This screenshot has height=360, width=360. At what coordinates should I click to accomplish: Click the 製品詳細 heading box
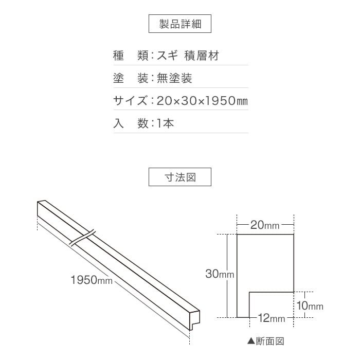coord(180,24)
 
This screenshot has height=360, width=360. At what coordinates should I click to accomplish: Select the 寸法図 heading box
coord(180,177)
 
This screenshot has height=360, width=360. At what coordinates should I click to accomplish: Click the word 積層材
coord(202,56)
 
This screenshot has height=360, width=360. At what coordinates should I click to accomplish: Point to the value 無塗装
coord(174,78)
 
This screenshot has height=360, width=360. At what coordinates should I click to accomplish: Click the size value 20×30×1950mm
coord(202,101)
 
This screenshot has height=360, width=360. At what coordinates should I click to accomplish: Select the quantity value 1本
coord(165,123)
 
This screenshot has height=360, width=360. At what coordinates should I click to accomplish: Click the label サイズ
coord(130,101)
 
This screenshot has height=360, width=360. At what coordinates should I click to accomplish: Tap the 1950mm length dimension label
coord(92,280)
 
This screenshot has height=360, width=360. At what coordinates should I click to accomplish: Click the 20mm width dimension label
coord(265,225)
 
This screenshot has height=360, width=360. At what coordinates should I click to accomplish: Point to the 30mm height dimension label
coord(220,274)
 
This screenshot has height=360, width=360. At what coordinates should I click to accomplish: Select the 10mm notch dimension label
coord(310,305)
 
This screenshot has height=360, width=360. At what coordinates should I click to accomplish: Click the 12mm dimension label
coord(272,318)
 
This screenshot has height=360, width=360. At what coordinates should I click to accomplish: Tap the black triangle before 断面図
coord(251,341)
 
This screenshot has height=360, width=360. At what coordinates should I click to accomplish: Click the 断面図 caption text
coord(270,341)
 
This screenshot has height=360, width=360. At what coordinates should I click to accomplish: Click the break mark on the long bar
coord(82,238)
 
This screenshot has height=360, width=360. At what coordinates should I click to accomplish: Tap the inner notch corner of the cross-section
coord(249,292)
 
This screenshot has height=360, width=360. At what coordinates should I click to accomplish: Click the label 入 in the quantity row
coord(118,123)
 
